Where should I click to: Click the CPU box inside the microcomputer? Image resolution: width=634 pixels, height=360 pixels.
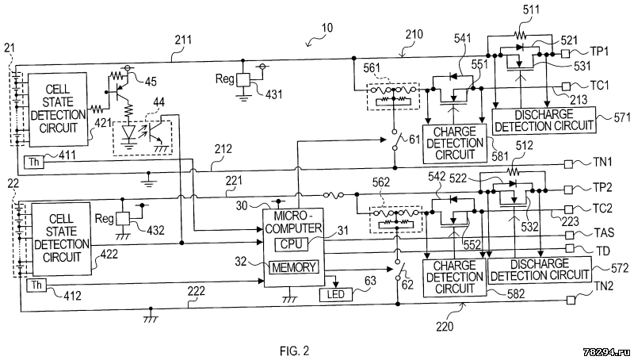(x=296, y=244)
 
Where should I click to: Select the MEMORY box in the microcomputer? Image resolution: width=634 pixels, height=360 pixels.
(x=294, y=266)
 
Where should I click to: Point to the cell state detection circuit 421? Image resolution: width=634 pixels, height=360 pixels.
(x=55, y=112)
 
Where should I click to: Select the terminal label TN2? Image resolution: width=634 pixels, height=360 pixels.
(x=599, y=301)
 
